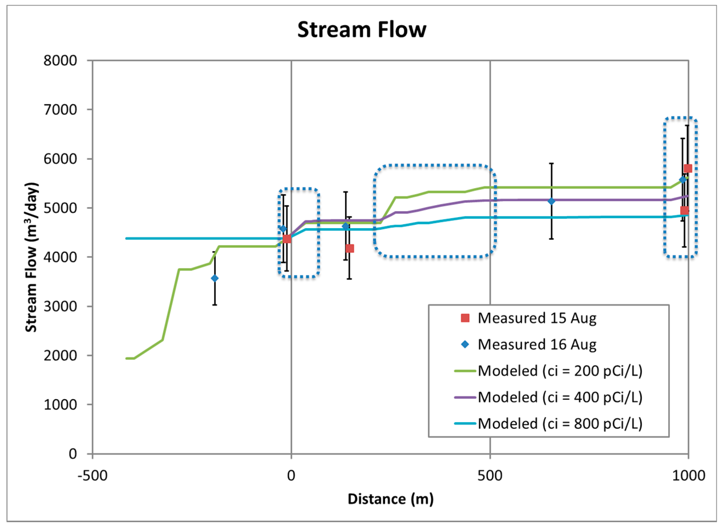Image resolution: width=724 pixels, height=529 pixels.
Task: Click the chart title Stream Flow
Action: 361,30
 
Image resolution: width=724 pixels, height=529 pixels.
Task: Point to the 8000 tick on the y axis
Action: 60,61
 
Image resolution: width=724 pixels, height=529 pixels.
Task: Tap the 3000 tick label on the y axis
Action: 60,306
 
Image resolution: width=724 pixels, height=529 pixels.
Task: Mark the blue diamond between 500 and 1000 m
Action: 551,201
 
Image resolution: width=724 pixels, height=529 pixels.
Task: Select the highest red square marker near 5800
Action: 688,168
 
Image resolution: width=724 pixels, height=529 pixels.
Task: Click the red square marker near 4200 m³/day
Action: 350,249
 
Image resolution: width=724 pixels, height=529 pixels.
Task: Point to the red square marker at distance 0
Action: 287,238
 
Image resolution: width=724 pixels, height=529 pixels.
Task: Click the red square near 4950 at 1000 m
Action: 684,210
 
